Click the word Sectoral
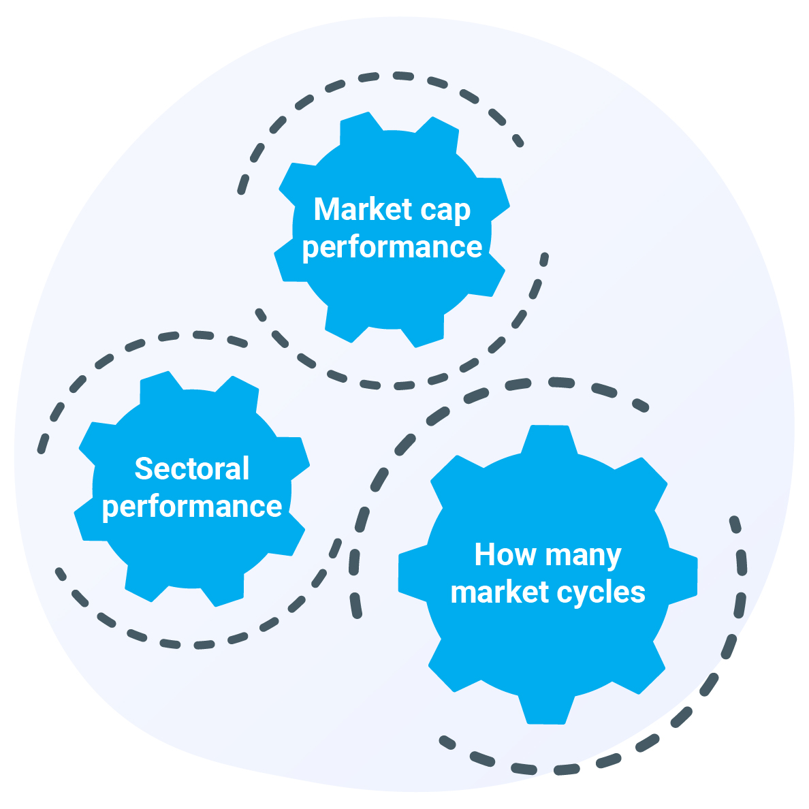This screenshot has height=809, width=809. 192,469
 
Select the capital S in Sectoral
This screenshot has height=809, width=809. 143,469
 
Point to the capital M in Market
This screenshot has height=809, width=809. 326,209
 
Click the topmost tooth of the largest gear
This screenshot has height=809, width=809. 549,440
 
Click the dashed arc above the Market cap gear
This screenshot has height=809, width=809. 395,76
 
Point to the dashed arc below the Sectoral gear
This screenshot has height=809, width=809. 197,644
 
